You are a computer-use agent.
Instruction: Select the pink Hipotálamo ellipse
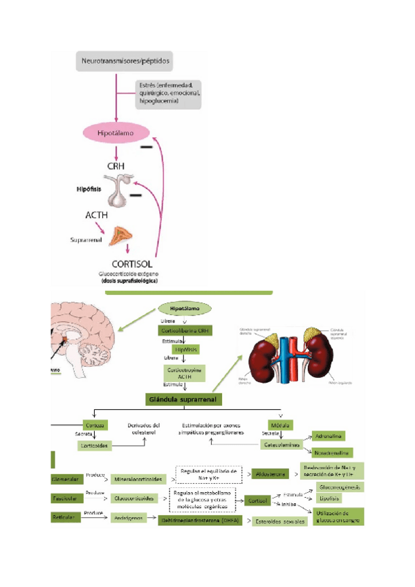pyautogui.click(x=116, y=131)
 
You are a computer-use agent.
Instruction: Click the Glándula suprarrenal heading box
pyautogui.click(x=184, y=399)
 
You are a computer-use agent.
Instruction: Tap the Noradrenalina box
pyautogui.click(x=333, y=453)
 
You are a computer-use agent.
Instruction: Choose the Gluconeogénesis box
pyautogui.click(x=341, y=487)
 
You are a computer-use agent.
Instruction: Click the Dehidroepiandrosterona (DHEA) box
pyautogui.click(x=199, y=520)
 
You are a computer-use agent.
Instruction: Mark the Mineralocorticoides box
pyautogui.click(x=138, y=478)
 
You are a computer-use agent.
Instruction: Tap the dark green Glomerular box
pyautogui.click(x=66, y=478)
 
